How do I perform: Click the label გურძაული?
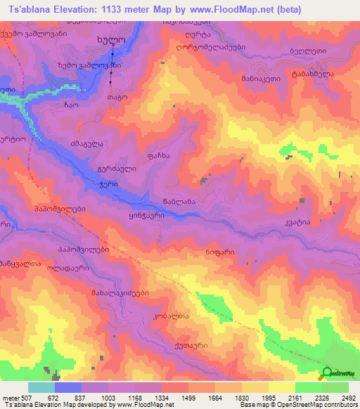112,169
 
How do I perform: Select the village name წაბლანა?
188,202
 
